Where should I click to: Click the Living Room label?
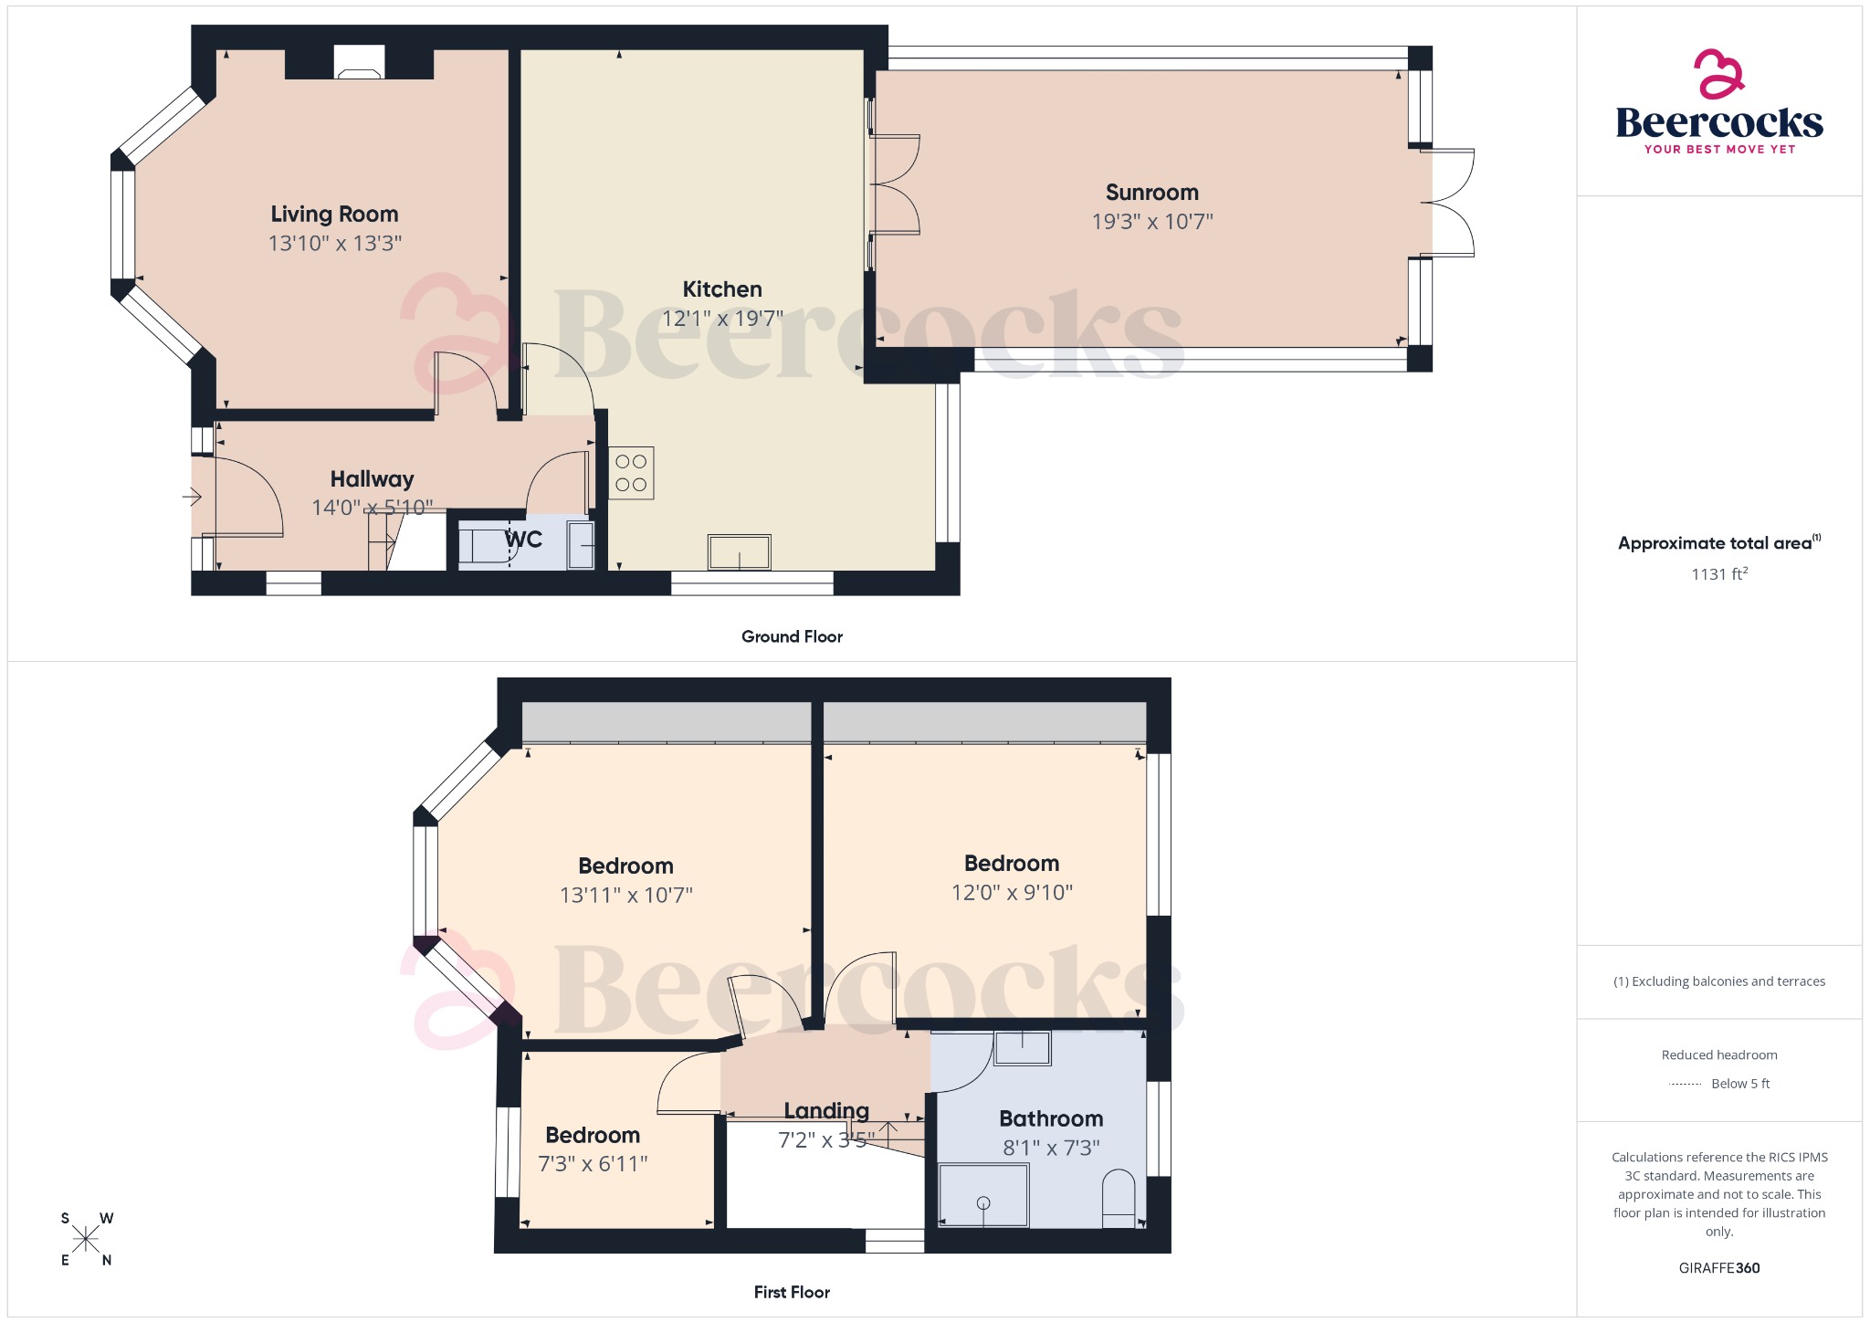tap(334, 214)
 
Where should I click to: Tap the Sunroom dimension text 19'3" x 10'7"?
tap(1151, 222)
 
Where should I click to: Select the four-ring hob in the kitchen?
tap(631, 473)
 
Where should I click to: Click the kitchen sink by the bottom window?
tap(739, 552)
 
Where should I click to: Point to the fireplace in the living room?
tap(359, 63)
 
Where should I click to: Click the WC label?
tap(524, 540)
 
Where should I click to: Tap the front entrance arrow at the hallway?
tap(192, 497)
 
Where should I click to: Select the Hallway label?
tap(372, 478)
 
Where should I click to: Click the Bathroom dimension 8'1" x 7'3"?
tap(1051, 1148)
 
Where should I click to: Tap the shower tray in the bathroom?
tap(983, 1195)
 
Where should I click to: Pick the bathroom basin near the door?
tap(1022, 1048)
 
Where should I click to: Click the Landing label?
tap(826, 1110)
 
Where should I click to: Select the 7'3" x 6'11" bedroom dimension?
tap(593, 1164)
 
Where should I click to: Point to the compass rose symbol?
tap(86, 1239)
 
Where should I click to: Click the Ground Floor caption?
tap(792, 636)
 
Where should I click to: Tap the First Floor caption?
tap(792, 1292)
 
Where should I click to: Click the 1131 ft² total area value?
tap(1718, 574)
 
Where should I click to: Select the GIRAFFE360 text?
tap(1718, 1268)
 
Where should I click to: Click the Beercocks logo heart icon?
tap(1718, 74)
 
